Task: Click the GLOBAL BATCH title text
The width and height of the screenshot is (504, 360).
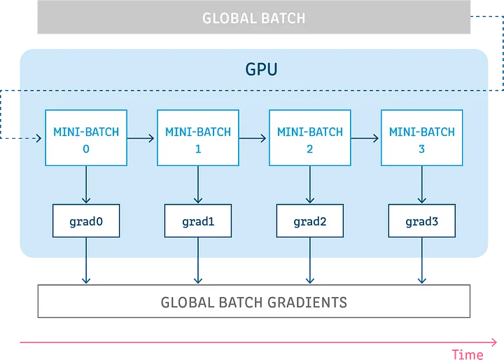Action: click(253, 18)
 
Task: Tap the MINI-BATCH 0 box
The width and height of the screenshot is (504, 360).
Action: click(86, 138)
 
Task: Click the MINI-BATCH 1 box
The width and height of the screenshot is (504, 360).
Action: click(198, 138)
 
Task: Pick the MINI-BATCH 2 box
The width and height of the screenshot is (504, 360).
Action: click(310, 138)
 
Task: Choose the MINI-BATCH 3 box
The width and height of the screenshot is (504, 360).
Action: click(421, 138)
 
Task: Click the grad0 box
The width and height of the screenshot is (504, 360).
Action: click(86, 221)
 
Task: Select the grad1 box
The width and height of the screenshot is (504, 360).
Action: click(198, 221)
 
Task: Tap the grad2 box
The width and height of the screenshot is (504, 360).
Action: click(310, 221)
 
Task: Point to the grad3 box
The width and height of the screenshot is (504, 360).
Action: click(421, 221)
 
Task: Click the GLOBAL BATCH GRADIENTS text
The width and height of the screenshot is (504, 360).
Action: click(253, 303)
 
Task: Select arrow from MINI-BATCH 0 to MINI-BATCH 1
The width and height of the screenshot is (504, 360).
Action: click(142, 139)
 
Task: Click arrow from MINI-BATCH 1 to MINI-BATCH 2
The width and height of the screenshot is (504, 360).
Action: click(254, 139)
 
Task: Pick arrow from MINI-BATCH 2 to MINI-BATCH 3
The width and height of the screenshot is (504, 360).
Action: click(366, 139)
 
